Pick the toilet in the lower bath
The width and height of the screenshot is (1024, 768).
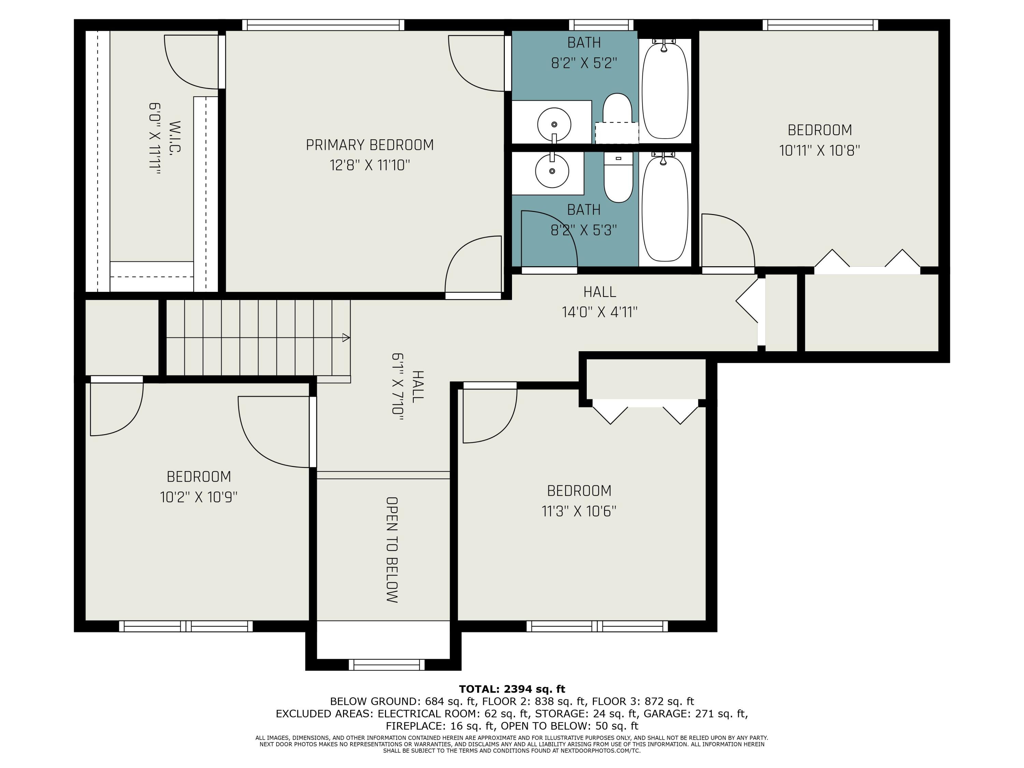[618, 178]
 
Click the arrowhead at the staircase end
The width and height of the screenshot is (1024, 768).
[346, 338]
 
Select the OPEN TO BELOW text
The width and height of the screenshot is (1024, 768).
[392, 550]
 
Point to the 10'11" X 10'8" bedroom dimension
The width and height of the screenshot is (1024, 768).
[820, 151]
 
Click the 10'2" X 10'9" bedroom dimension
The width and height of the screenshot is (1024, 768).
[199, 497]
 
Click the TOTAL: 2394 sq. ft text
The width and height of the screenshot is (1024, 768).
[512, 689]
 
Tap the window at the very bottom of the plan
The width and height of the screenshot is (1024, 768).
[386, 665]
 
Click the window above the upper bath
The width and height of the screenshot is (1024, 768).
[601, 25]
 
